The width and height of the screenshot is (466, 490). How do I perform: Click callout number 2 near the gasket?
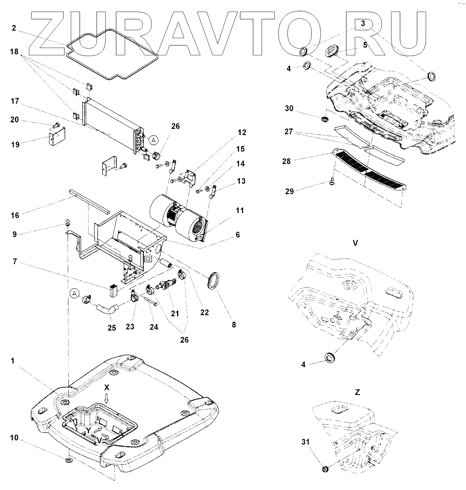coord(14,28)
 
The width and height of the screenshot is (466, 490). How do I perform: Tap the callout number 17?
coord(15,101)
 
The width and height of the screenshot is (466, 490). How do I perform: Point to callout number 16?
coord(15,215)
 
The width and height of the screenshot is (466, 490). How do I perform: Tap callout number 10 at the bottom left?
coord(15,438)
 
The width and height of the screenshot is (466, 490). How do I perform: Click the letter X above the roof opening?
coord(107,387)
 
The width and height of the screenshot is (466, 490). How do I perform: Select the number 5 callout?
coord(365,45)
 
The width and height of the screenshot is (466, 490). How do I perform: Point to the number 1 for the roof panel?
coord(13,361)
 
